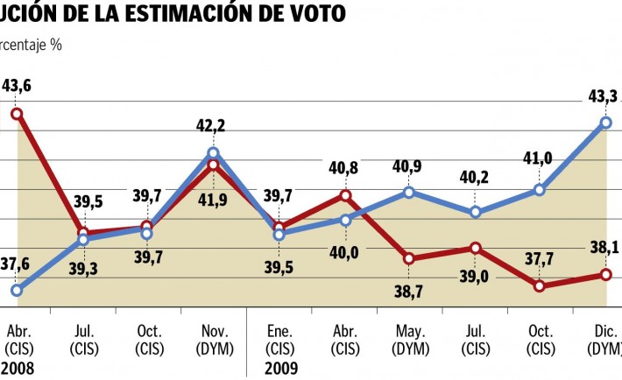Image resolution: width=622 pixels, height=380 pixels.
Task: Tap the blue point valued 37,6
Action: [17, 290]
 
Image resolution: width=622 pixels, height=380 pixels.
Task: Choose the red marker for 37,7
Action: [540, 285]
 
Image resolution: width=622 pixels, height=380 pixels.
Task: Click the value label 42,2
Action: [210, 127]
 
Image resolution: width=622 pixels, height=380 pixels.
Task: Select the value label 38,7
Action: [408, 292]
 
